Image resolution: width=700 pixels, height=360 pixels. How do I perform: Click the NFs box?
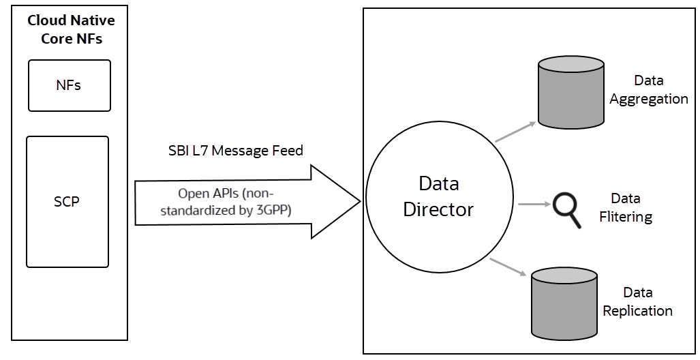pos(69,85)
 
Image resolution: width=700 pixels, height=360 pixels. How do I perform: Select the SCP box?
pos(67,202)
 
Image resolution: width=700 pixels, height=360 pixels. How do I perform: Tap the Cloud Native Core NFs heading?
pos(71,29)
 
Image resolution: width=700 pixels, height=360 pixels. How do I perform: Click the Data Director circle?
pos(438,198)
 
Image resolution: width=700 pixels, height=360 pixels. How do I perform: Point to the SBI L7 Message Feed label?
pos(235,151)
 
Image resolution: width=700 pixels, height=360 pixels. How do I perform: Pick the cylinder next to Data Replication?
pos(564,303)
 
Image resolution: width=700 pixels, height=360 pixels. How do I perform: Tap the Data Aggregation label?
pos(648,90)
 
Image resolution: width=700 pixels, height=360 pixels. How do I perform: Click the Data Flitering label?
pos(625,208)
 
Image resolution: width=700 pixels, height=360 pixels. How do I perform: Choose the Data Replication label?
pos(637,301)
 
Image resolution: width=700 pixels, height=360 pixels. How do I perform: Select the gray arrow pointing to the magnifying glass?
pos(533,204)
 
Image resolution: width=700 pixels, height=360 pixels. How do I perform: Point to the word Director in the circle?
pos(438,209)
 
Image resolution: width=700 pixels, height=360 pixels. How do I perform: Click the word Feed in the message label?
pos(289,151)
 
